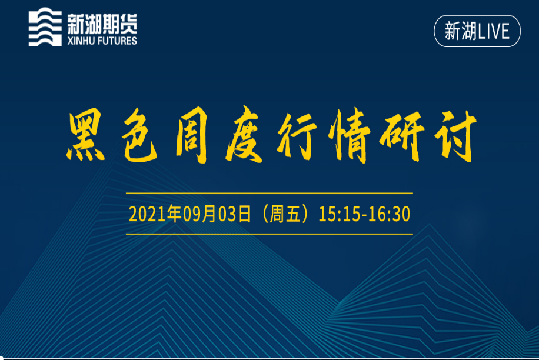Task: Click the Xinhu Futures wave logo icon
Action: tap(45, 27)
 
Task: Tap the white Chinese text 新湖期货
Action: tap(102, 24)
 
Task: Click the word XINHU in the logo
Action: tap(81, 41)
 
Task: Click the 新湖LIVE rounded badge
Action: tap(477, 31)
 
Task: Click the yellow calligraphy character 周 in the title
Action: tap(192, 136)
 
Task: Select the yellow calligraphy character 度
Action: tap(245, 134)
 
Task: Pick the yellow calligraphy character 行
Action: tap(297, 136)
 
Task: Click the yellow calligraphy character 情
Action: tap(350, 135)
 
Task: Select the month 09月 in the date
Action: tap(199, 214)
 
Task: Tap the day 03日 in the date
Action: tap(235, 214)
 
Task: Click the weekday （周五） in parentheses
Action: tap(285, 214)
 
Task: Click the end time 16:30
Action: tap(390, 214)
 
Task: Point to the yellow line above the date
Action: tap(269, 194)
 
